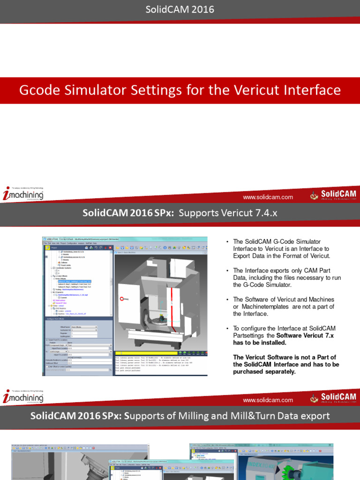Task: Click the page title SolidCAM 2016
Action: pyautogui.click(x=180, y=9)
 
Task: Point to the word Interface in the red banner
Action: pyautogui.click(x=307, y=90)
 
